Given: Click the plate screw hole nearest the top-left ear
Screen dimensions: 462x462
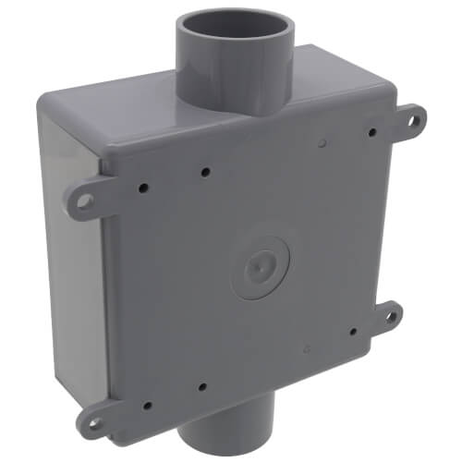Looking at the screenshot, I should point(143,187).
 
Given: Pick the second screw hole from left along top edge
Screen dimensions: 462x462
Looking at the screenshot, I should point(204,172).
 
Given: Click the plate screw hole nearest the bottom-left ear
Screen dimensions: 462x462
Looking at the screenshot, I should point(148,404).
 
